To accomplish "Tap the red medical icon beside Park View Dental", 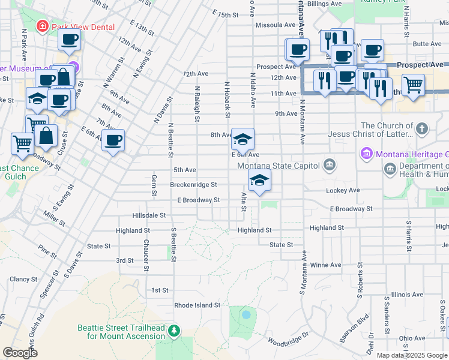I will coord(43,26).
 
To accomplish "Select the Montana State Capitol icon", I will coord(329,165).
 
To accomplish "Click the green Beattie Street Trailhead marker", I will coord(174,331).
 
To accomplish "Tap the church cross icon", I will coord(422,128).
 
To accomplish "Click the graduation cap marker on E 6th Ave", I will coord(243,140).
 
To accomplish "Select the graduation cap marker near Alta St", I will coord(259,181).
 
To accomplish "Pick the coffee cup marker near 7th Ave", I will coord(112,141).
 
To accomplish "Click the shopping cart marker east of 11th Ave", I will coord(413,85).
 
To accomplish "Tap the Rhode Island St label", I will coord(197,305).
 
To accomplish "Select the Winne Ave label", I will coord(326,265).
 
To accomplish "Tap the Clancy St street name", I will coord(23,279).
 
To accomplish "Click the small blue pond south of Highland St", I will coord(246,314).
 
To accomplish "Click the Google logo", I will coord(20,353).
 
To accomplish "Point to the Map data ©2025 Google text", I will coord(411,355).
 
